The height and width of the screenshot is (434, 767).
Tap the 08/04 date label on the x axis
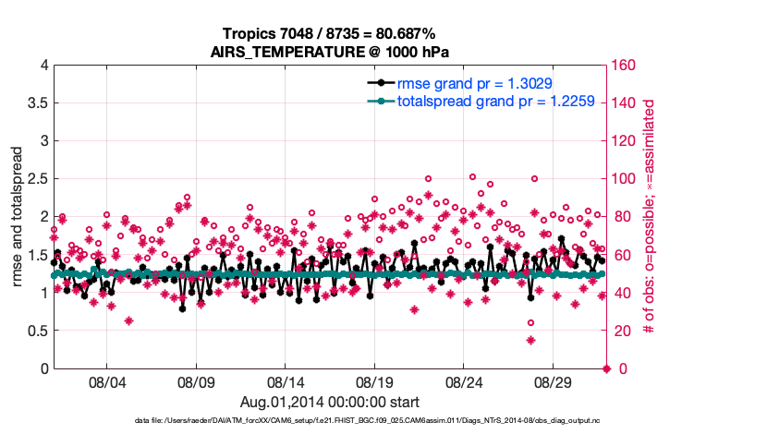106,381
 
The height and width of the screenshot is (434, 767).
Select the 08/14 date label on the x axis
286,381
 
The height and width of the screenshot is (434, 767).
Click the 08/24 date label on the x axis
465,381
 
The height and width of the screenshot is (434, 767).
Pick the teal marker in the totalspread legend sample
380,102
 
